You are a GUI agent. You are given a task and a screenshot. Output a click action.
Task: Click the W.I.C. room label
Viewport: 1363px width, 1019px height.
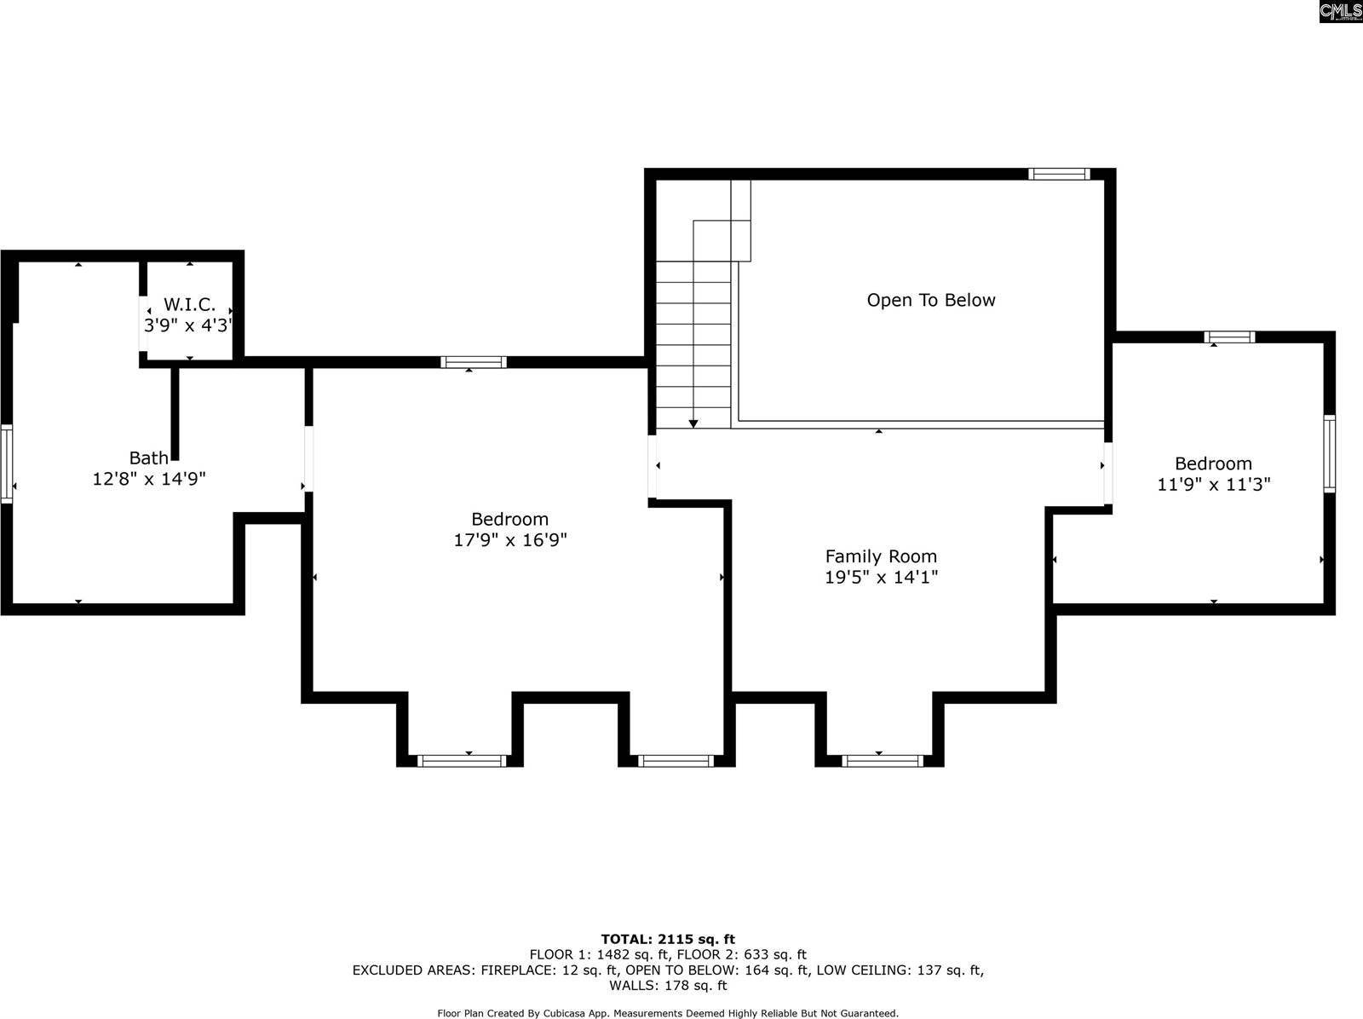pyautogui.click(x=189, y=304)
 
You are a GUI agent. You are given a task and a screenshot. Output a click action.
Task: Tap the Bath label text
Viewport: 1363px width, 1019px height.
pyautogui.click(x=149, y=458)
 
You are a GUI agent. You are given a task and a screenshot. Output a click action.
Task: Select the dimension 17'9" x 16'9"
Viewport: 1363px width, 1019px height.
pyautogui.click(x=510, y=539)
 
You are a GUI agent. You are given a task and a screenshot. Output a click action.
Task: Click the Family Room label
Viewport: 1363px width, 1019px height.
pyautogui.click(x=881, y=556)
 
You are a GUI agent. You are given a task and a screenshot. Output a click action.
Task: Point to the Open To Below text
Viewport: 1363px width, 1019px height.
pyautogui.click(x=931, y=300)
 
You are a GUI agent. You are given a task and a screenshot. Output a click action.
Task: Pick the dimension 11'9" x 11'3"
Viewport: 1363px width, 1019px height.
pyautogui.click(x=1214, y=485)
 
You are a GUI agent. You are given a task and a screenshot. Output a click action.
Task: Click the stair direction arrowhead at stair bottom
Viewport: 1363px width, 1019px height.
pyautogui.click(x=693, y=423)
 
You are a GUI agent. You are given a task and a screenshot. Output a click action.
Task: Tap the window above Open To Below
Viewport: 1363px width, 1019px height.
pyautogui.click(x=1059, y=174)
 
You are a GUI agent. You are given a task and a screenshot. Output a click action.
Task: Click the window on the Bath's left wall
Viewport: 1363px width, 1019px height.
pyautogui.click(x=7, y=463)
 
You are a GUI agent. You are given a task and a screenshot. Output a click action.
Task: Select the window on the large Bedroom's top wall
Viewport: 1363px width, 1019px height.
pyautogui.click(x=474, y=362)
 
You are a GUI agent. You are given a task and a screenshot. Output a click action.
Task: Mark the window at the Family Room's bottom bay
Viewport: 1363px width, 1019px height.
pyautogui.click(x=882, y=760)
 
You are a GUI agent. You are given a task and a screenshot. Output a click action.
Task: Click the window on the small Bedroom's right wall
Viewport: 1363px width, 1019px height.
pyautogui.click(x=1329, y=453)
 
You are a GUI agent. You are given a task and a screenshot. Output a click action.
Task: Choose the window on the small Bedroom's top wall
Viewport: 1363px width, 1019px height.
pyautogui.click(x=1229, y=337)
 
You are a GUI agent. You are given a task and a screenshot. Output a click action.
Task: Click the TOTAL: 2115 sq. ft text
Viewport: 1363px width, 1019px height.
pyautogui.click(x=668, y=940)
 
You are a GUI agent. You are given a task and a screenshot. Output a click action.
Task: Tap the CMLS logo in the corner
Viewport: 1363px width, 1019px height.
pyautogui.click(x=1340, y=11)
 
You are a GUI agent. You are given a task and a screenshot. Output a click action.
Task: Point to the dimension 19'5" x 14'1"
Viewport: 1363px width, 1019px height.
pyautogui.click(x=881, y=578)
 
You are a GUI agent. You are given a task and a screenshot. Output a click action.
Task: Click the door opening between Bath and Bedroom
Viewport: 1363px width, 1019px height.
pyautogui.click(x=308, y=458)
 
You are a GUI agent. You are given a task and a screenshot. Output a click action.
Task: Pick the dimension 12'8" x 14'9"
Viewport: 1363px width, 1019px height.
pyautogui.click(x=149, y=480)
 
